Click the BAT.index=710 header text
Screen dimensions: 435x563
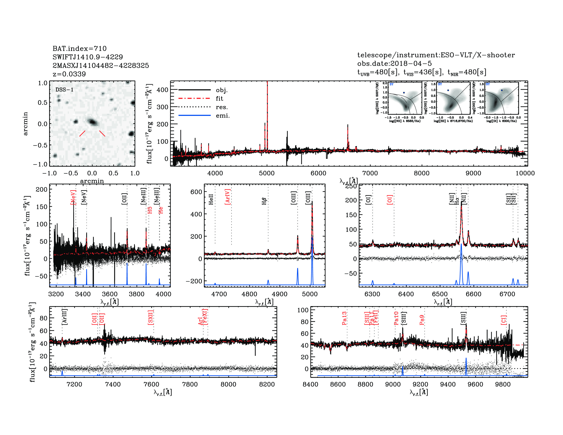[x=79, y=48]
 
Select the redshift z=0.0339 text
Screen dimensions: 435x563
[x=69, y=74]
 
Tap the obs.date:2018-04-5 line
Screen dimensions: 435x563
[x=394, y=63]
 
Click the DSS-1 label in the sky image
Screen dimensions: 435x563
[x=64, y=90]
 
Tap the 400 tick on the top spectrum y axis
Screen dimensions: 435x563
[x=162, y=90]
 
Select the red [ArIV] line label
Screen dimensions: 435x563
[x=227, y=197]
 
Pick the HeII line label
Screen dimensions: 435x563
[x=211, y=199]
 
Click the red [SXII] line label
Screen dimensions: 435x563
[x=150, y=317]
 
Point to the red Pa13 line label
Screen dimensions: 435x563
[x=344, y=318]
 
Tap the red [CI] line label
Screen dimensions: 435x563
[x=503, y=320]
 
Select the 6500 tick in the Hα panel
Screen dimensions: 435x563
[x=440, y=294]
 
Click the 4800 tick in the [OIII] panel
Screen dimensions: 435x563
[x=249, y=294]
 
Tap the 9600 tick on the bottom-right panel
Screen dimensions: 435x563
[x=475, y=384]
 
